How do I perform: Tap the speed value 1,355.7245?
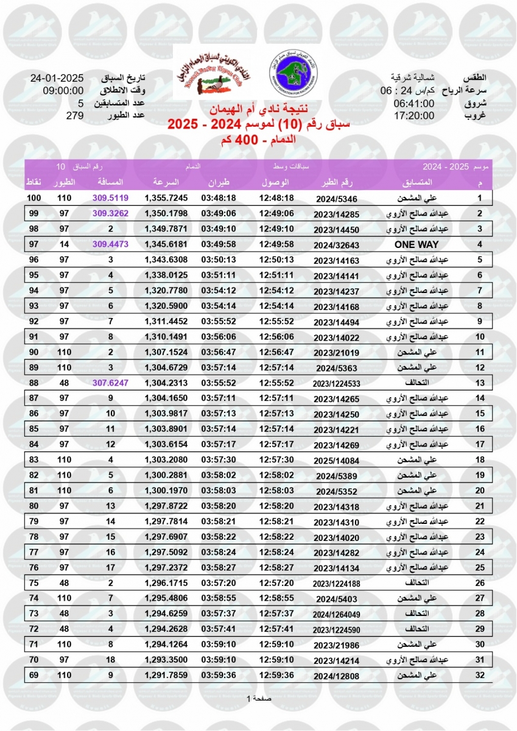(166, 198)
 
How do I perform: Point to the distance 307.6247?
(110, 383)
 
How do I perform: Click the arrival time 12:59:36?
(276, 675)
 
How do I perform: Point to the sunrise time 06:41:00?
(413, 104)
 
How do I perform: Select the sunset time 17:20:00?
(413, 116)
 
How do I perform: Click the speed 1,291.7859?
(166, 675)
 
